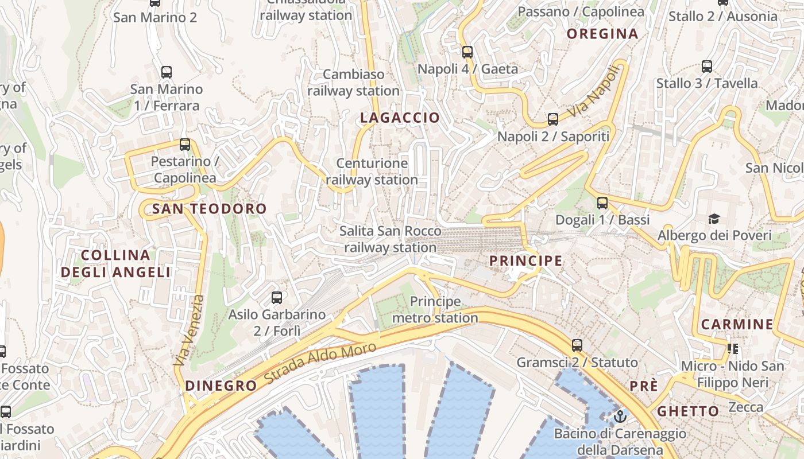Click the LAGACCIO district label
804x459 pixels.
click(x=400, y=118)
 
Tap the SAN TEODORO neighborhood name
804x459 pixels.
click(x=210, y=209)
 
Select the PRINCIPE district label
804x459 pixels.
click(x=525, y=261)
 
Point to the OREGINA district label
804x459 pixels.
click(x=602, y=34)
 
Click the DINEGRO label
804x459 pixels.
click(x=221, y=386)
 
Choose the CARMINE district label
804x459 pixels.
click(x=737, y=325)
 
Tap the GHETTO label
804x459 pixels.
click(x=688, y=411)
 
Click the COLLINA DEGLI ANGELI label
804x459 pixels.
click(x=116, y=264)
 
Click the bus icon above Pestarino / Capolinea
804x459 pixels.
click(x=185, y=145)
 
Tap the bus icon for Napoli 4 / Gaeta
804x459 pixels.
click(x=467, y=52)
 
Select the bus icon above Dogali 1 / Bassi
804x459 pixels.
click(x=602, y=203)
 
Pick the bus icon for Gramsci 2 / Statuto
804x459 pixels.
click(x=577, y=345)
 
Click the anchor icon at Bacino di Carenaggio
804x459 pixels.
click(x=620, y=417)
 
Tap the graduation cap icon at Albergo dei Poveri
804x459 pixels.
click(x=714, y=219)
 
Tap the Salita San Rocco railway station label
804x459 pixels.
click(x=390, y=239)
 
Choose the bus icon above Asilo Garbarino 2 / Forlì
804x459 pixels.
click(x=277, y=297)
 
